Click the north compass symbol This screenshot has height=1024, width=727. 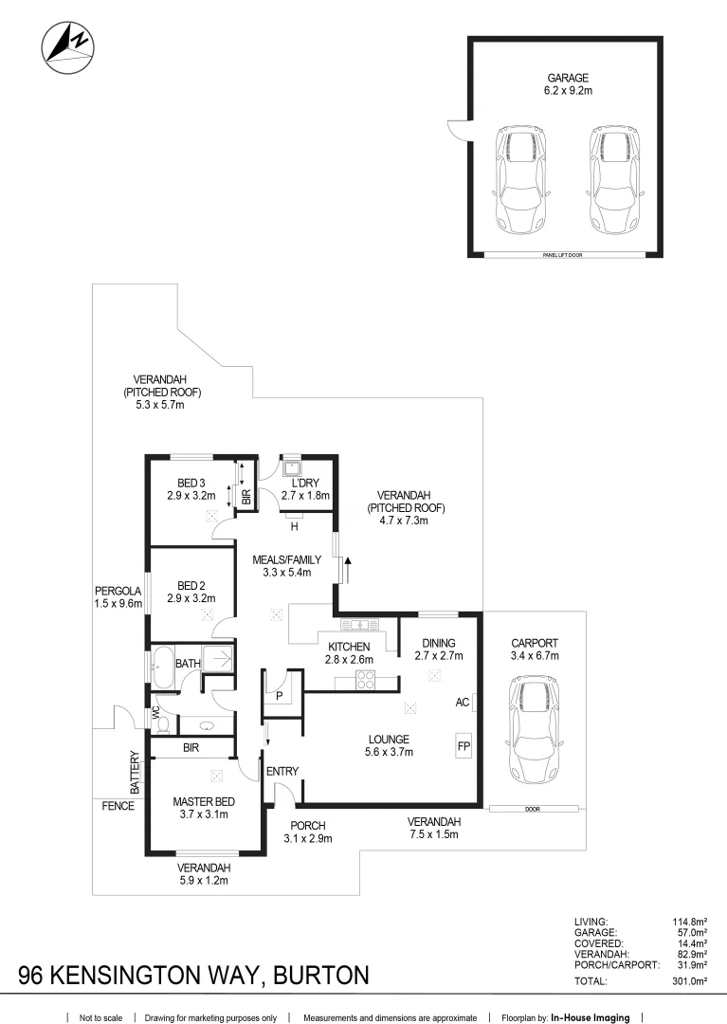[x=67, y=47]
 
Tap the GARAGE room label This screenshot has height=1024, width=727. [x=568, y=78]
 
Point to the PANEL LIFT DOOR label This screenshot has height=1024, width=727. [x=566, y=255]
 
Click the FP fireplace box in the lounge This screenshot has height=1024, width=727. [x=463, y=746]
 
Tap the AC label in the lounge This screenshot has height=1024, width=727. [x=463, y=703]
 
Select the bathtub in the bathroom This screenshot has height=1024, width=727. [x=163, y=663]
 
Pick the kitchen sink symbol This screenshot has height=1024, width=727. [x=360, y=624]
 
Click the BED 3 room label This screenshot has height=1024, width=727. [x=191, y=483]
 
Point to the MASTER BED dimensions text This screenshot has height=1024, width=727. [x=204, y=814]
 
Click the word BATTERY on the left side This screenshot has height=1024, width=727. [x=135, y=773]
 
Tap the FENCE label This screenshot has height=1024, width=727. [x=118, y=806]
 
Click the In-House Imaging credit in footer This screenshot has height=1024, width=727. [x=591, y=1017]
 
